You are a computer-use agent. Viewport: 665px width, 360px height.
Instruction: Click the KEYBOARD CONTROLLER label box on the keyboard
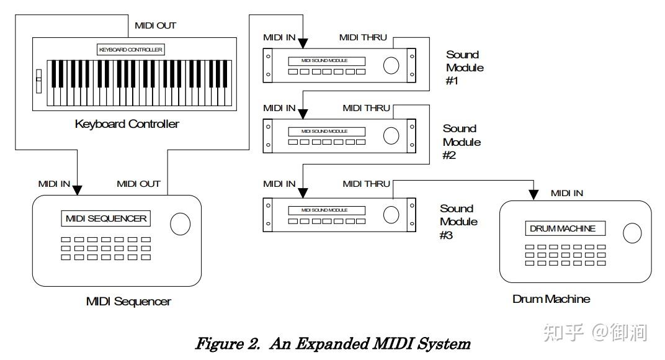pos(131,49)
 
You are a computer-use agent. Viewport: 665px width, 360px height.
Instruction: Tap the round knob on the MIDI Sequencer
pos(180,224)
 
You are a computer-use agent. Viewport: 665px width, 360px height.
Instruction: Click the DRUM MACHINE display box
pos(562,228)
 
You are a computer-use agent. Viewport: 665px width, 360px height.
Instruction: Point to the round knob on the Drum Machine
pos(632,232)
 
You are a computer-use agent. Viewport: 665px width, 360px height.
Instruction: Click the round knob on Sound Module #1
pos(391,65)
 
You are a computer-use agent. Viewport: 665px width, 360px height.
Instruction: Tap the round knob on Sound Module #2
pos(391,135)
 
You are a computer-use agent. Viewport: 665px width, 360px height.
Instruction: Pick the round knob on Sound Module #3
pos(391,214)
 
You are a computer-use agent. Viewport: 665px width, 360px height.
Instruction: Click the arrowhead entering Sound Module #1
pos(303,44)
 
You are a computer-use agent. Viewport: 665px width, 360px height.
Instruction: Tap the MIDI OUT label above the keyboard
pos(155,25)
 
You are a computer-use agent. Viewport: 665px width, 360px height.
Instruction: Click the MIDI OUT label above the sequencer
pos(138,184)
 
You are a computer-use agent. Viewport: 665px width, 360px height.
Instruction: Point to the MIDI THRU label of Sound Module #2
pos(366,108)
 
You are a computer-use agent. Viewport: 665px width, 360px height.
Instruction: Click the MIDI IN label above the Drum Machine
pos(566,193)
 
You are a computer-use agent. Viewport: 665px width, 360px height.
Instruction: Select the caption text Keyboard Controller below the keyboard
pos(127,124)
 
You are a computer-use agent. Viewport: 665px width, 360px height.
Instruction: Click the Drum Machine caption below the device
pos(551,299)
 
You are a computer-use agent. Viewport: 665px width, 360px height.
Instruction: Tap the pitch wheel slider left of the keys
pos(38,80)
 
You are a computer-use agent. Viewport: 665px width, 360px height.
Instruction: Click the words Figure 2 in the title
pos(228,343)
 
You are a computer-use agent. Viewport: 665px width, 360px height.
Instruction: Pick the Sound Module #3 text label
pos(458,222)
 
